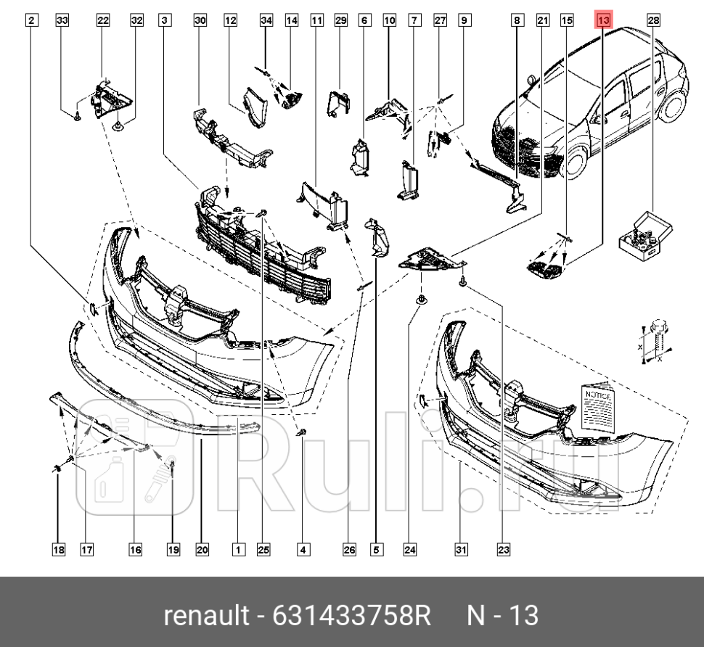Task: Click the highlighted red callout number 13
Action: pos(603,21)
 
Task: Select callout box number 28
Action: pos(654,21)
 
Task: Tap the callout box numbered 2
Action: pos(30,21)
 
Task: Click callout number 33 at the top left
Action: pos(62,21)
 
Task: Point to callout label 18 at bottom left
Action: pos(58,551)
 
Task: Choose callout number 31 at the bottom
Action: pos(461,551)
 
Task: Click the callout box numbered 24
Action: pos(410,551)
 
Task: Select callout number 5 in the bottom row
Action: pos(376,551)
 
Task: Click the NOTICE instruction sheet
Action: pos(599,411)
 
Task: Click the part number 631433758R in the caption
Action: pos(351,616)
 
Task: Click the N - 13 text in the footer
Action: pos(502,616)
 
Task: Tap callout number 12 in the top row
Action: pos(231,21)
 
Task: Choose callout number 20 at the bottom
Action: pos(202,551)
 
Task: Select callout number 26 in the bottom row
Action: pos(349,551)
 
